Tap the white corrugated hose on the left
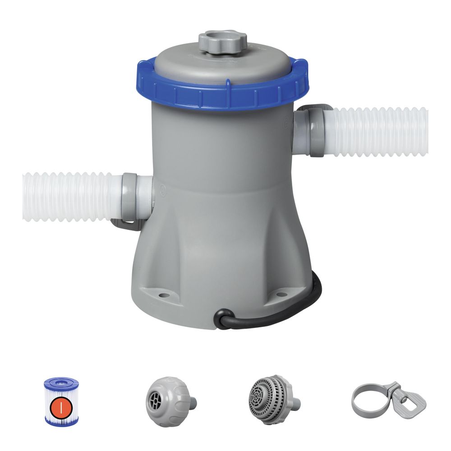pyautogui.click(x=68, y=197)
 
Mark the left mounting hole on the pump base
pyautogui.click(x=164, y=296)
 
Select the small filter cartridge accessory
pyautogui.click(x=61, y=401)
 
